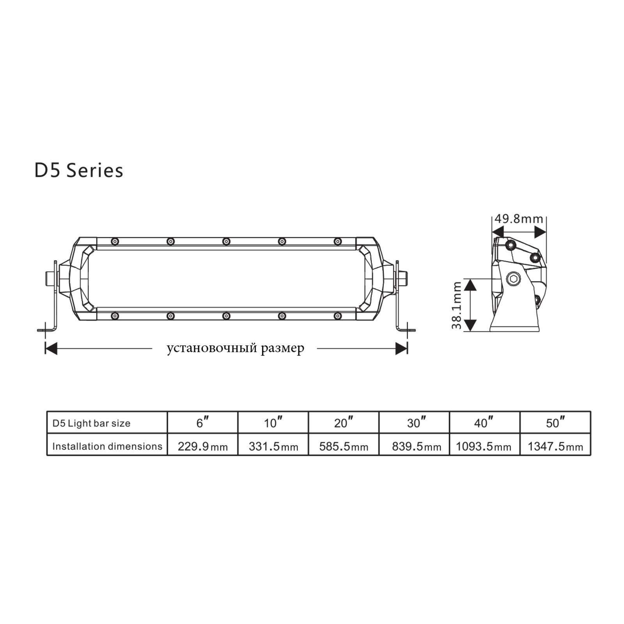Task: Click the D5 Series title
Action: click(79, 171)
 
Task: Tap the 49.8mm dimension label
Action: click(519, 219)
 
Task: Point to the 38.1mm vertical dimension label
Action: click(457, 305)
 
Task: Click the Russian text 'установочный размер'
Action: click(235, 348)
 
